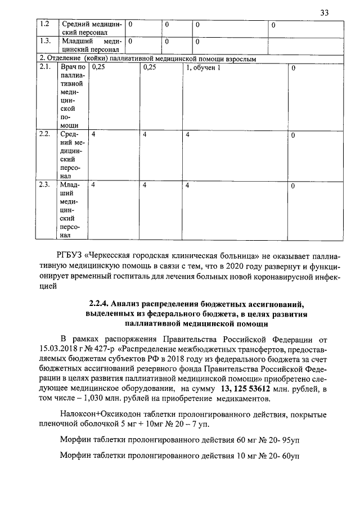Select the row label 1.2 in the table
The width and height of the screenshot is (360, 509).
pos(44,25)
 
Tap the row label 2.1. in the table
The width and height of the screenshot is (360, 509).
pos(45,68)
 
